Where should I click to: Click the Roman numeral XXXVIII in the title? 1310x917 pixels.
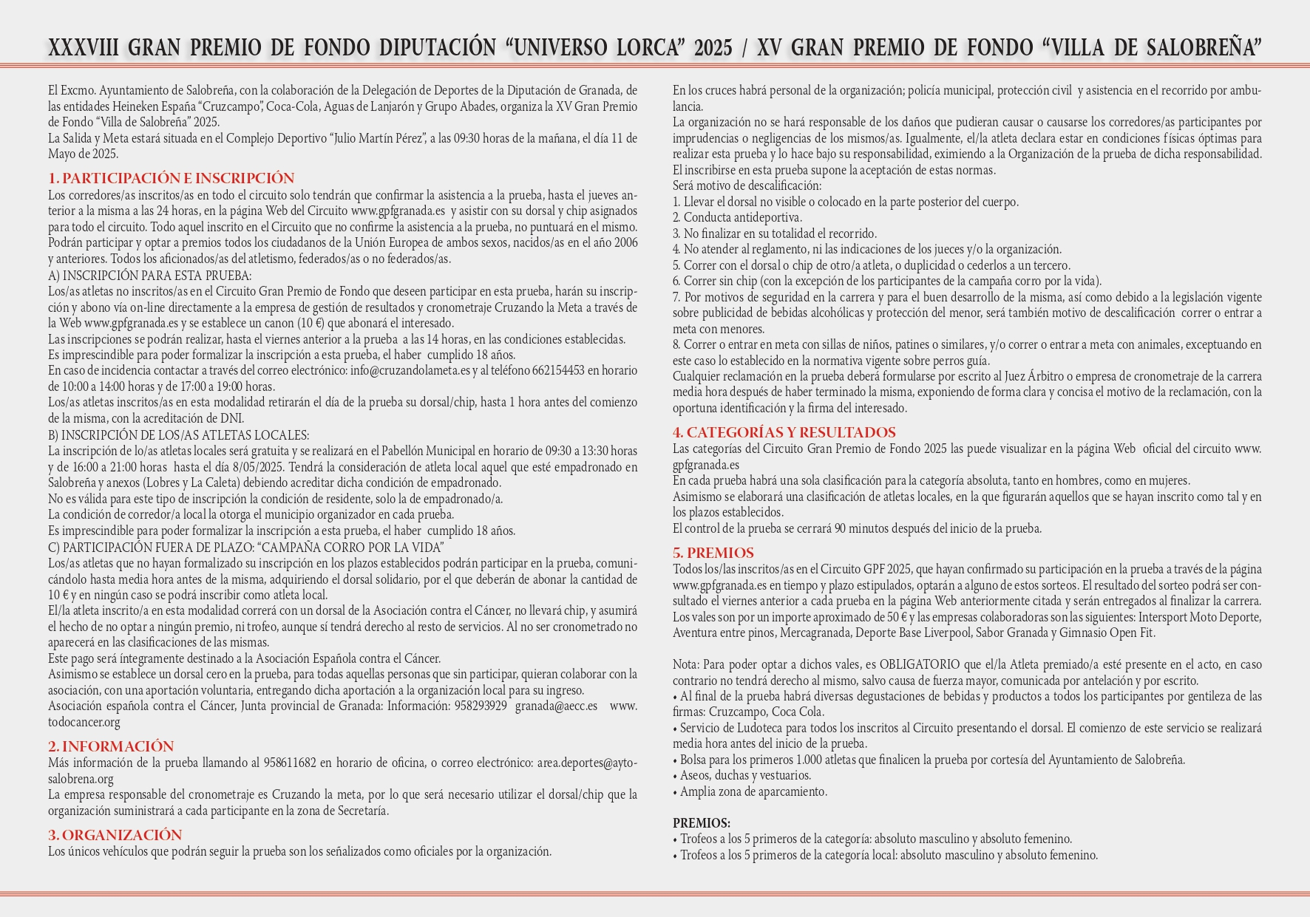point(84,47)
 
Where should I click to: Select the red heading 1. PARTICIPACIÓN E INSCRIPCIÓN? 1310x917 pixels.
point(172,178)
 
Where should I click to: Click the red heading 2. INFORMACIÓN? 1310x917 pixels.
point(111,746)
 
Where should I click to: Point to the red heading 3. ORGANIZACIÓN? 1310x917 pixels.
point(115,835)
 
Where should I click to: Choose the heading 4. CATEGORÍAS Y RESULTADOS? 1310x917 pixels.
point(784,432)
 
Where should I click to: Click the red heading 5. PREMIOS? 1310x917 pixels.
point(713,553)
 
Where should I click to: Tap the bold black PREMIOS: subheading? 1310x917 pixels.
point(702,823)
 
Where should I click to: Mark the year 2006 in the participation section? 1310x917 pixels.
point(625,242)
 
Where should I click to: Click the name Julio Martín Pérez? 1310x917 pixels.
point(378,138)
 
